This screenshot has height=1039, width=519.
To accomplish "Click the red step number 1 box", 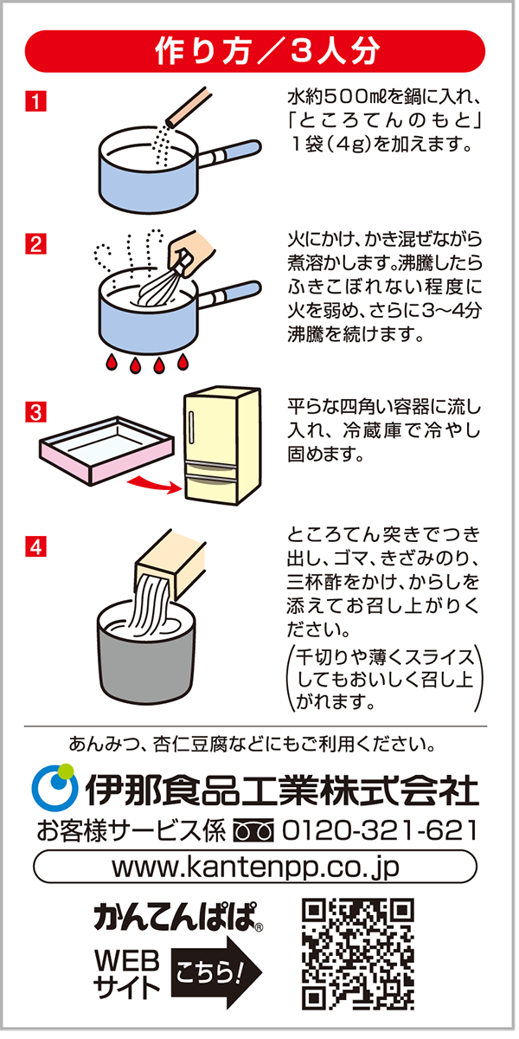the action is (35, 101).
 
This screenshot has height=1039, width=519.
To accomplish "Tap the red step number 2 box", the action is (35, 244).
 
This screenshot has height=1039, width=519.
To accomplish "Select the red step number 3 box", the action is (35, 412).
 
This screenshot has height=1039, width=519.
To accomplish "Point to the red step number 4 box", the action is (35, 546).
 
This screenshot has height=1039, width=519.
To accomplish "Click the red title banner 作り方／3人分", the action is (255, 51).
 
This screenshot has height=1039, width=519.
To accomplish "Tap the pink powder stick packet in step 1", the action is (189, 108).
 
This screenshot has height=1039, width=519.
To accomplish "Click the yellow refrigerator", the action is (222, 446).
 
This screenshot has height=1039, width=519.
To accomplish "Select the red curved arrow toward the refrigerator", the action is (154, 483).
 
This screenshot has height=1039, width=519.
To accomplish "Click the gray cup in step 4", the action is (146, 655).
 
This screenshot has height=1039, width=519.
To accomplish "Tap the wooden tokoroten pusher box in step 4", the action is (170, 564).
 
